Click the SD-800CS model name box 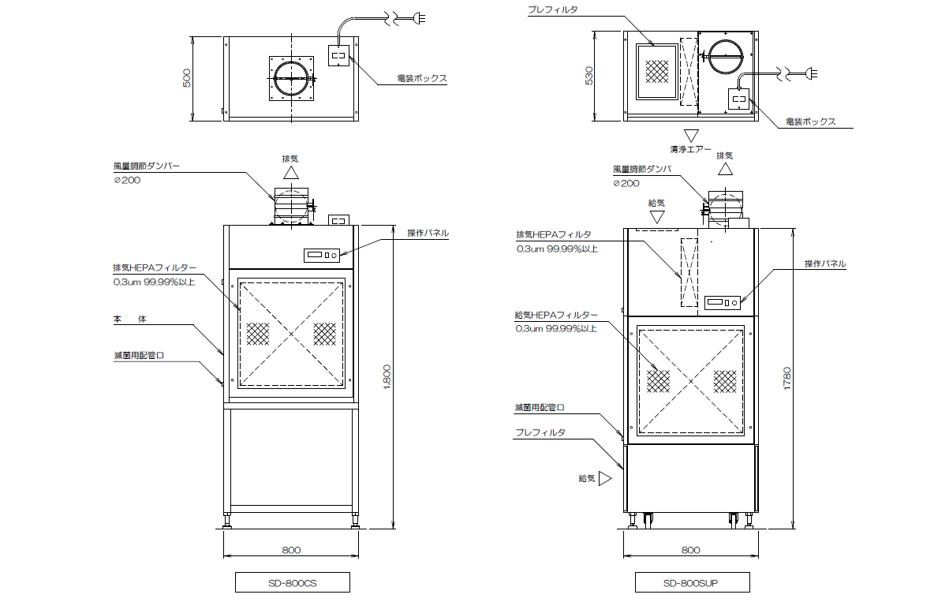click(x=293, y=582)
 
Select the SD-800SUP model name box click(x=693, y=582)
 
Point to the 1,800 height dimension click(x=387, y=377)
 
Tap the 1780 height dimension click(x=786, y=378)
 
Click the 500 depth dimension click(x=186, y=78)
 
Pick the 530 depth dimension click(x=589, y=76)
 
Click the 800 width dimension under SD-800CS click(x=291, y=550)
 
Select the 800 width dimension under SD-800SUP click(x=690, y=550)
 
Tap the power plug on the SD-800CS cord click(x=419, y=18)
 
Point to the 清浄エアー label click(x=690, y=149)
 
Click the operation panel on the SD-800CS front click(x=322, y=255)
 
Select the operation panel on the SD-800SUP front click(x=723, y=302)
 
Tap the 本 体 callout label click(x=129, y=319)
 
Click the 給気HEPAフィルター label click(x=556, y=315)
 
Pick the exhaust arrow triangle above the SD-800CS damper click(x=290, y=173)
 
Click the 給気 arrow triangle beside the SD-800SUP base click(x=605, y=478)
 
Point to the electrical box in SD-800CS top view click(x=338, y=55)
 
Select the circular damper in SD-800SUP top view click(x=726, y=55)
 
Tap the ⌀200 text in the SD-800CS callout click(x=127, y=180)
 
